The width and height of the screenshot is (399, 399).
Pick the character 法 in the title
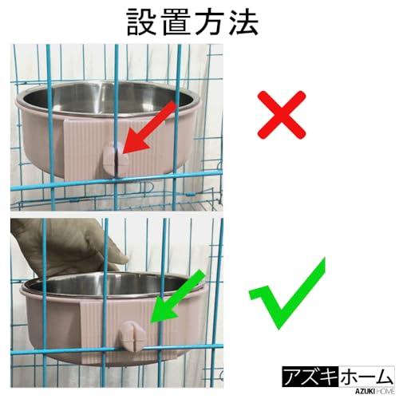[243, 22]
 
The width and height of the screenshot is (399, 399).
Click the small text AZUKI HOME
[367, 387]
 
